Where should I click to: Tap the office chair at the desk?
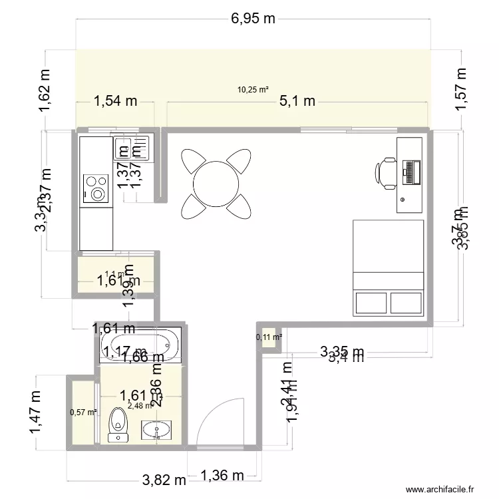coord(385,172)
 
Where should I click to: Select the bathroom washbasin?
coord(157,428)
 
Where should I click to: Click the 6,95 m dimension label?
coord(253,19)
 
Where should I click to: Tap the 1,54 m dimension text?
coord(115,101)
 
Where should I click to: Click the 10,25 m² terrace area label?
coord(253,90)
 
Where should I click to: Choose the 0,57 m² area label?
coord(83,412)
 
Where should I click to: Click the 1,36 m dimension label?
coord(222,476)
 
